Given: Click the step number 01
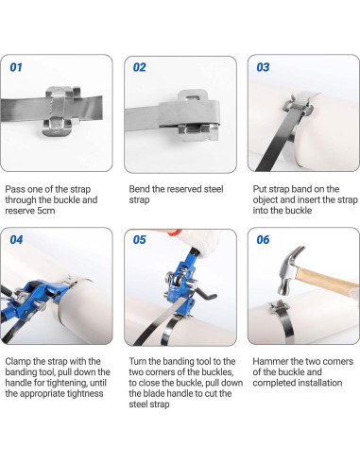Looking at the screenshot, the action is [x=16, y=67].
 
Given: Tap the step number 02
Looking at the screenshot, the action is [x=140, y=67].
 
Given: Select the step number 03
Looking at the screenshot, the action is [x=263, y=67].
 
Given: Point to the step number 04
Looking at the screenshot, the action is [x=16, y=240].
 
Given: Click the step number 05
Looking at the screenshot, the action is [x=140, y=240].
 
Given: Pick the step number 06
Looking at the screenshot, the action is [x=263, y=240].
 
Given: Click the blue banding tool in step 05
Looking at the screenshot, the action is [x=180, y=281].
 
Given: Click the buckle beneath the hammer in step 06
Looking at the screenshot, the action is [x=279, y=307].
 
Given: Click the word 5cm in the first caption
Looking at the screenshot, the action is [x=46, y=211].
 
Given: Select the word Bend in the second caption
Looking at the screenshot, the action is [x=139, y=189].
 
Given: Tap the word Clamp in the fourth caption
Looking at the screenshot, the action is [x=18, y=361].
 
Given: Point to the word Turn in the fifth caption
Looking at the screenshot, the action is [x=137, y=361].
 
